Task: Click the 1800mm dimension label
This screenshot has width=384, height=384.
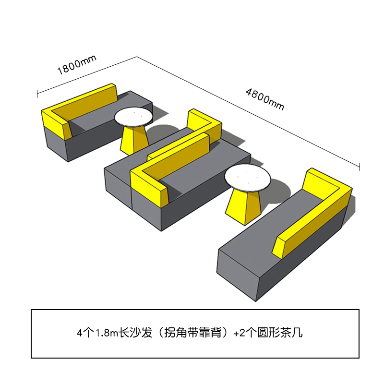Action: [x=77, y=65]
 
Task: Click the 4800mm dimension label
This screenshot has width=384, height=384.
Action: [x=265, y=99]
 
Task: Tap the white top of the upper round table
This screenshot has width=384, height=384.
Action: [x=134, y=117]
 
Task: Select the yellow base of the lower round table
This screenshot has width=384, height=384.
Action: [x=244, y=207]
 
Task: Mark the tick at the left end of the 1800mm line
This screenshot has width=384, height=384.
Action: [x=37, y=94]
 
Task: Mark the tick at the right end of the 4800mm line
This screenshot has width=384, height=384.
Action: [x=360, y=167]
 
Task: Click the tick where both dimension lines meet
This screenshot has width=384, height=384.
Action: [x=137, y=58]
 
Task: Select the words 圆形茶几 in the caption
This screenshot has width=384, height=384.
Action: [x=280, y=333]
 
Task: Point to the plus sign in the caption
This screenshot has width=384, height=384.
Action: [x=236, y=334]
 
